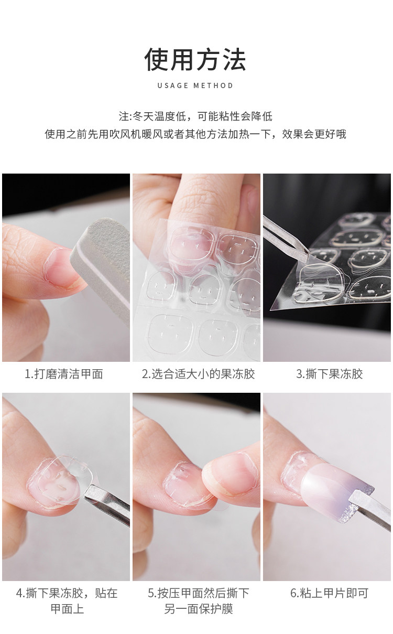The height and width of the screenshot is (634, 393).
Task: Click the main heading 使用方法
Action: (x=195, y=59)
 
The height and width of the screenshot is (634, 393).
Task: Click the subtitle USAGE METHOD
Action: (x=195, y=85)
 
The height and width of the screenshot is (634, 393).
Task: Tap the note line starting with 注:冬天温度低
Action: (x=195, y=116)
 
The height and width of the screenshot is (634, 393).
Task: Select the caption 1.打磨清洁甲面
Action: (x=64, y=374)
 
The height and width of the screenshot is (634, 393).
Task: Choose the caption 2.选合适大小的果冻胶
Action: (x=198, y=374)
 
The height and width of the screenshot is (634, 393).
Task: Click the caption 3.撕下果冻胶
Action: (x=330, y=374)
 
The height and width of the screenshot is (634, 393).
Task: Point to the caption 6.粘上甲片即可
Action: (x=330, y=593)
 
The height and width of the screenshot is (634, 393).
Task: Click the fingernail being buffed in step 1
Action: (x=61, y=267)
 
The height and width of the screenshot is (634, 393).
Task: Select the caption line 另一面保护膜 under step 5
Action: (x=198, y=609)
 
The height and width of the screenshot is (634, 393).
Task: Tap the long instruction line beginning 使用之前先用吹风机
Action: (x=195, y=134)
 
